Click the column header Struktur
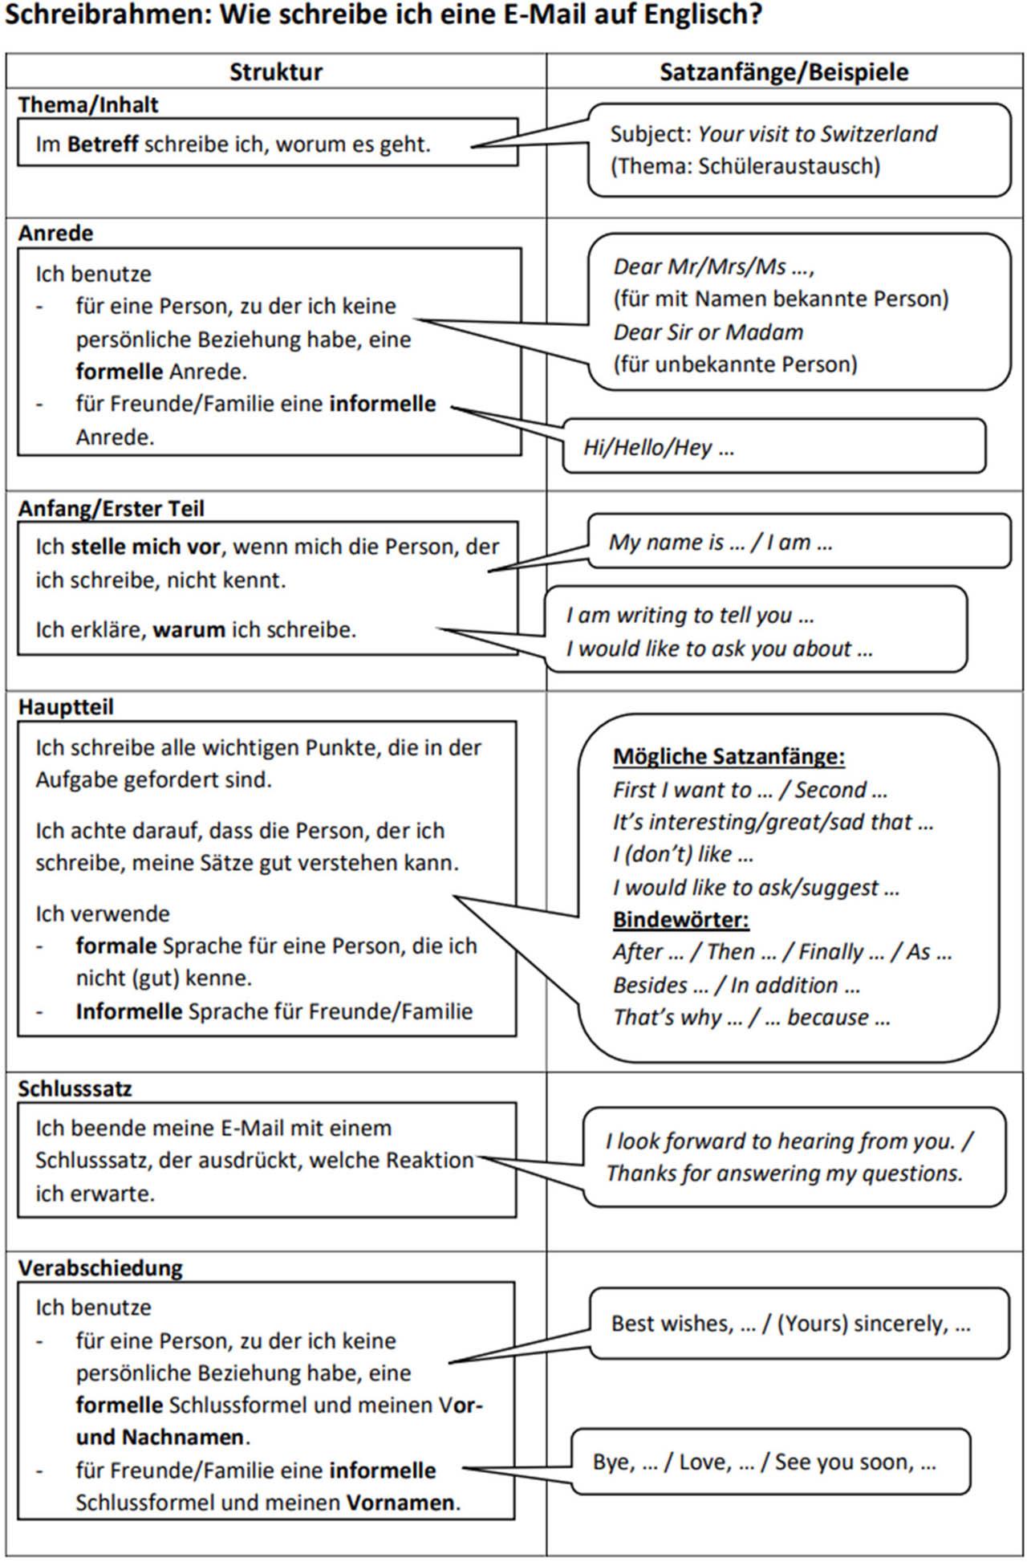[275, 72]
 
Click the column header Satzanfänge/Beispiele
[784, 72]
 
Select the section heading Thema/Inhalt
[88, 105]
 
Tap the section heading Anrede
[56, 234]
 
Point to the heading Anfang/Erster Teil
[112, 509]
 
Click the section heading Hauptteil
[66, 707]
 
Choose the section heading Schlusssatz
[75, 1089]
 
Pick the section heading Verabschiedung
[100, 1268]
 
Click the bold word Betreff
[103, 145]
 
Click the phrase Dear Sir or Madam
[708, 332]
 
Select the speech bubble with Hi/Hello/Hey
[773, 446]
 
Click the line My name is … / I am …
[720, 543]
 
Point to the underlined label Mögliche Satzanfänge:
[729, 757]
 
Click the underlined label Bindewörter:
[680, 920]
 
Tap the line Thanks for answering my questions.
[784, 1174]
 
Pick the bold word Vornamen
[400, 1502]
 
